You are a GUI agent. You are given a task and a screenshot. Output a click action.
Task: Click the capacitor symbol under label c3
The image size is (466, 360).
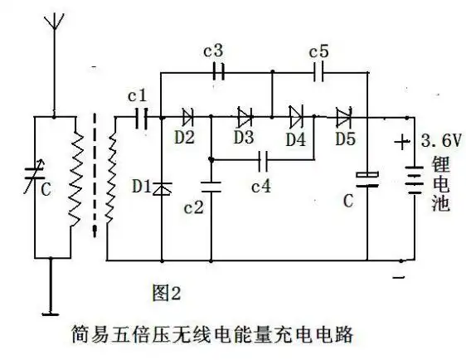point(217,72)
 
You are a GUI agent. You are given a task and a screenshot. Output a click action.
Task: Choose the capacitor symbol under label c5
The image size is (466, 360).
point(319,72)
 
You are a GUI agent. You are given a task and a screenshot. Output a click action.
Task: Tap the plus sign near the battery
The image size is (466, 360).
point(401,143)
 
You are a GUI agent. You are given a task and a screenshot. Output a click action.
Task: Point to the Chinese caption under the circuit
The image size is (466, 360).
point(213,336)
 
